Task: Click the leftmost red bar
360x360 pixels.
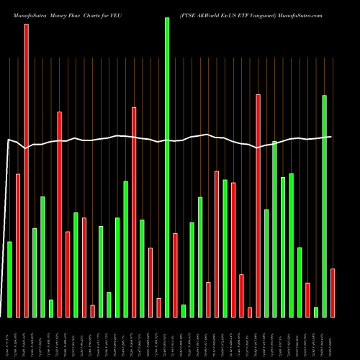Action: coord(18,245)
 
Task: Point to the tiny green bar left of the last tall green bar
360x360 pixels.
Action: coord(316,312)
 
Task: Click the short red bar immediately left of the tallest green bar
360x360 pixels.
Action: coord(158,307)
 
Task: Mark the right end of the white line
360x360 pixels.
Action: coord(331,137)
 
